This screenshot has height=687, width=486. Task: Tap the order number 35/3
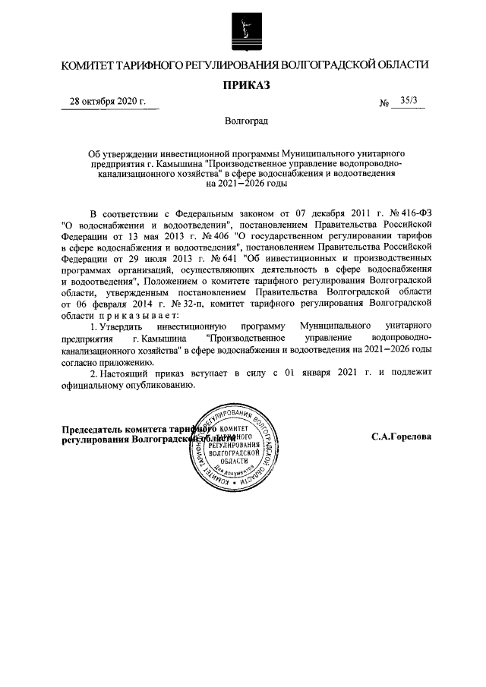[x=406, y=102]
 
